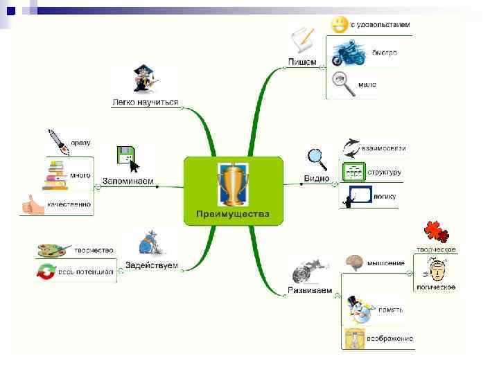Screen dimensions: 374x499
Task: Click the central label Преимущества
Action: coord(233,214)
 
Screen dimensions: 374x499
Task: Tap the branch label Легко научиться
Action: coord(146,103)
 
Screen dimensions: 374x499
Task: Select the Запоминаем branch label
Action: coord(128,181)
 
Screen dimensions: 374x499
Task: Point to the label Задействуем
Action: coord(152,265)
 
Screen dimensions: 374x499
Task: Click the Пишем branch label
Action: coord(302,62)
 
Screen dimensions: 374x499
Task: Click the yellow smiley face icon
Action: coord(339,25)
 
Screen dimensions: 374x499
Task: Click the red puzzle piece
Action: coord(435,231)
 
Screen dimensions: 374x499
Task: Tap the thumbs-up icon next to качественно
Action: coord(31,204)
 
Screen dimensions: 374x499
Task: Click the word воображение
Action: coord(391,339)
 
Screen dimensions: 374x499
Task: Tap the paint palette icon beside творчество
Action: coord(53,249)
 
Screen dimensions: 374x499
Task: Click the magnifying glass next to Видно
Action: coord(317,158)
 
